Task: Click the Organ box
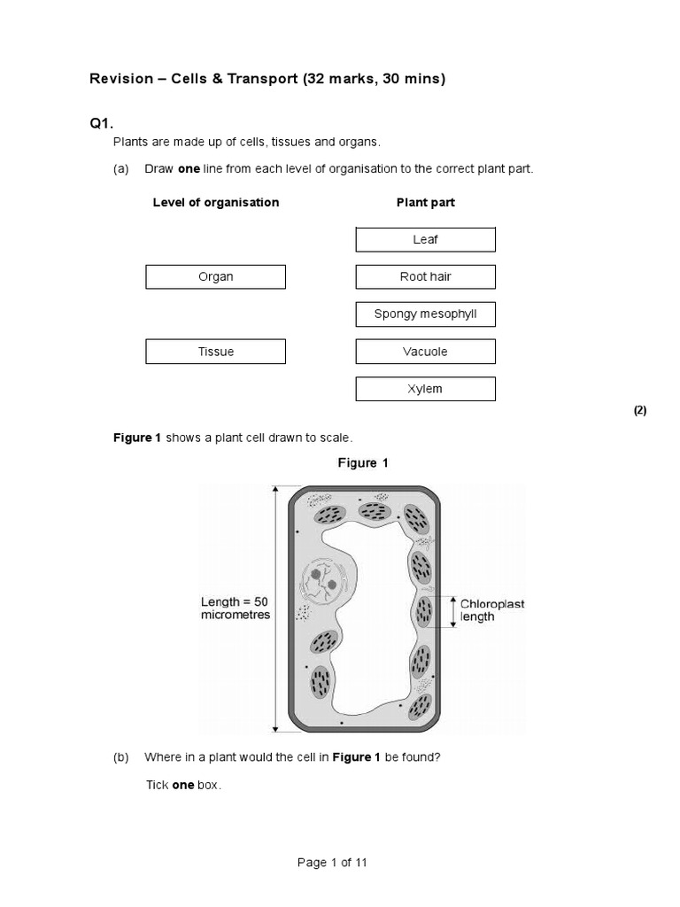pyautogui.click(x=215, y=277)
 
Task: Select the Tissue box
pyautogui.click(x=215, y=352)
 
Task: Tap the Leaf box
pyautogui.click(x=425, y=240)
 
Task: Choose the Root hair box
pyautogui.click(x=425, y=277)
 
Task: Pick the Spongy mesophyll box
pyautogui.click(x=425, y=314)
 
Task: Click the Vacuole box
pyautogui.click(x=425, y=352)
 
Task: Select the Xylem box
pyautogui.click(x=425, y=389)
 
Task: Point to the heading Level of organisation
pyautogui.click(x=215, y=203)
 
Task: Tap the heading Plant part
pyautogui.click(x=425, y=203)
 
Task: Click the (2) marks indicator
pyautogui.click(x=639, y=410)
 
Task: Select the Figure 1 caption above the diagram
pyautogui.click(x=363, y=463)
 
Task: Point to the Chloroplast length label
pyautogui.click(x=492, y=610)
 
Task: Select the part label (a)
pyautogui.click(x=121, y=169)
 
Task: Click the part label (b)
pyautogui.click(x=121, y=757)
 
